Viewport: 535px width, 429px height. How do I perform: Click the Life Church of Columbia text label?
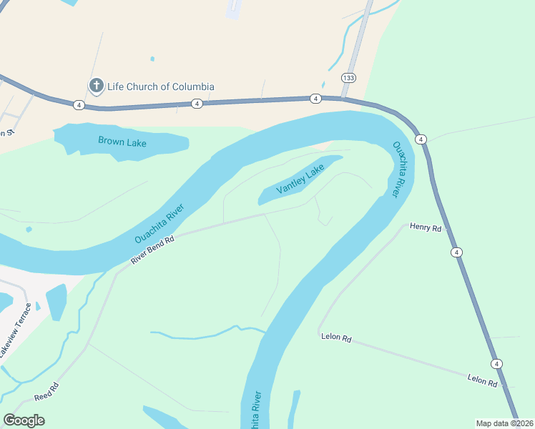[x=160, y=87]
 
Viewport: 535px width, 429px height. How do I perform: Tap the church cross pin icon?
[x=96, y=87]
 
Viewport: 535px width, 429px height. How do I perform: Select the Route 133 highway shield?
[x=348, y=77]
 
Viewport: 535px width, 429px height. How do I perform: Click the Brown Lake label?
[x=122, y=142]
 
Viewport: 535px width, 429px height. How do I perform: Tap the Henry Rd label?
[x=426, y=227]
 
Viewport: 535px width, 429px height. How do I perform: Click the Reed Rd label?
[x=46, y=392]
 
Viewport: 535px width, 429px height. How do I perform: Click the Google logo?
[x=24, y=420]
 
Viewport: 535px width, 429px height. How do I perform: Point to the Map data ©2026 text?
[x=504, y=423]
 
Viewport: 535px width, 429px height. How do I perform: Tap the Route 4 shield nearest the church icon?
[x=79, y=105]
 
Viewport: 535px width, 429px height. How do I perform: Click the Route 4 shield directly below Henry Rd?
[x=456, y=252]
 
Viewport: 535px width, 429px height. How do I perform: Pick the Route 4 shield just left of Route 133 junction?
[x=315, y=98]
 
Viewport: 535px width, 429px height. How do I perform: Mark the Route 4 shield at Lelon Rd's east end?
[x=497, y=364]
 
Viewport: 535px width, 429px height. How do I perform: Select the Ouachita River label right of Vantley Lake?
[x=399, y=169]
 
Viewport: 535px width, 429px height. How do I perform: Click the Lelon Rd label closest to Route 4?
[x=482, y=380]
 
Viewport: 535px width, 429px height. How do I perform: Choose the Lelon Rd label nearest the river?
[x=335, y=337]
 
